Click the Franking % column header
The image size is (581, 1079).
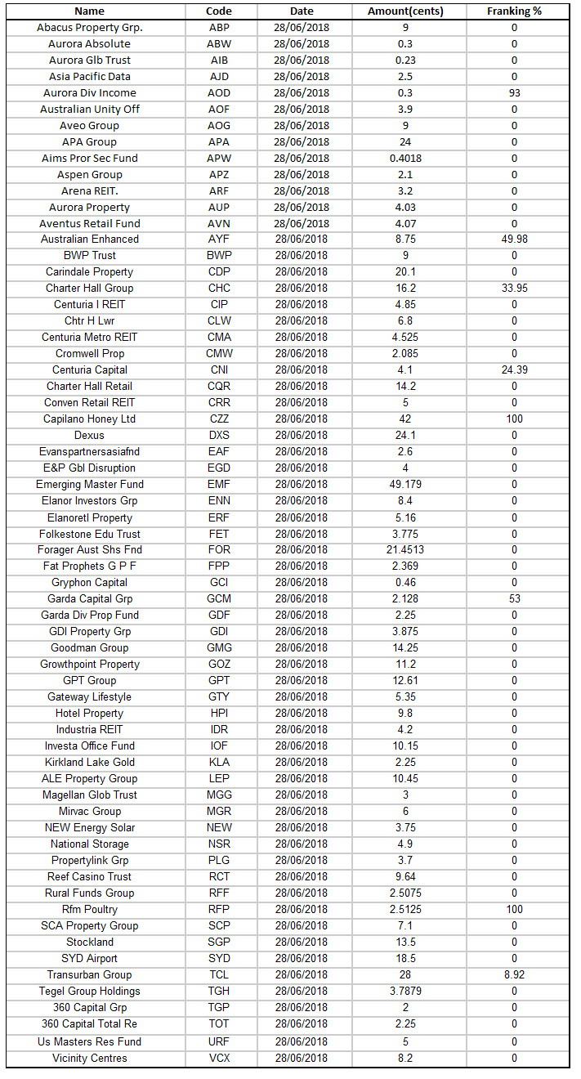coord(514,11)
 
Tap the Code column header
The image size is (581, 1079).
coord(219,11)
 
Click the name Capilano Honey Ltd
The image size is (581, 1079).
coord(90,419)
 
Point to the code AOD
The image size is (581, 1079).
coord(219,92)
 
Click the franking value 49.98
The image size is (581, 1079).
coord(514,240)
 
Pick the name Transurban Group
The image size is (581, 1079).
coord(90,975)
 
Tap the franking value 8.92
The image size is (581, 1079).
coord(514,975)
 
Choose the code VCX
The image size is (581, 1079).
coord(219,1059)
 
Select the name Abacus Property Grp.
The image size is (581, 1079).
coord(90,27)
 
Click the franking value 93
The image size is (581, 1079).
coord(514,92)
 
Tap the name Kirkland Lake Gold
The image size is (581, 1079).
coord(90,763)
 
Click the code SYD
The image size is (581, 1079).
coord(219,959)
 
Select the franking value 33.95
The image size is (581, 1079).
coord(514,289)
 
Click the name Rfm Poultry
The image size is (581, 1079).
coord(90,910)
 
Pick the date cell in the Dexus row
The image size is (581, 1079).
coord(302,436)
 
